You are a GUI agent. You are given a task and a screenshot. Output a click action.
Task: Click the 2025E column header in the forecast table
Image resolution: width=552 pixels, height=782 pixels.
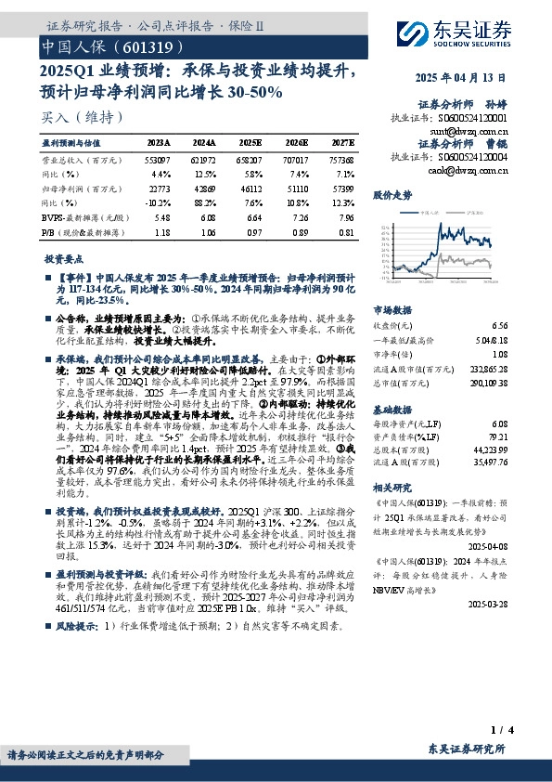[250, 144]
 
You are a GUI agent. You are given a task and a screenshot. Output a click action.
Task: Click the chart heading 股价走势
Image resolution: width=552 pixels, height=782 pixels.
[392, 196]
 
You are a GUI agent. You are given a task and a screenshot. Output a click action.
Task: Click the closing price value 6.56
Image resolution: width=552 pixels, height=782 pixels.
[501, 326]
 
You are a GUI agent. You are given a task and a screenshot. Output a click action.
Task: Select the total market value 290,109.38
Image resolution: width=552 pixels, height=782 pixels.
[490, 382]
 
